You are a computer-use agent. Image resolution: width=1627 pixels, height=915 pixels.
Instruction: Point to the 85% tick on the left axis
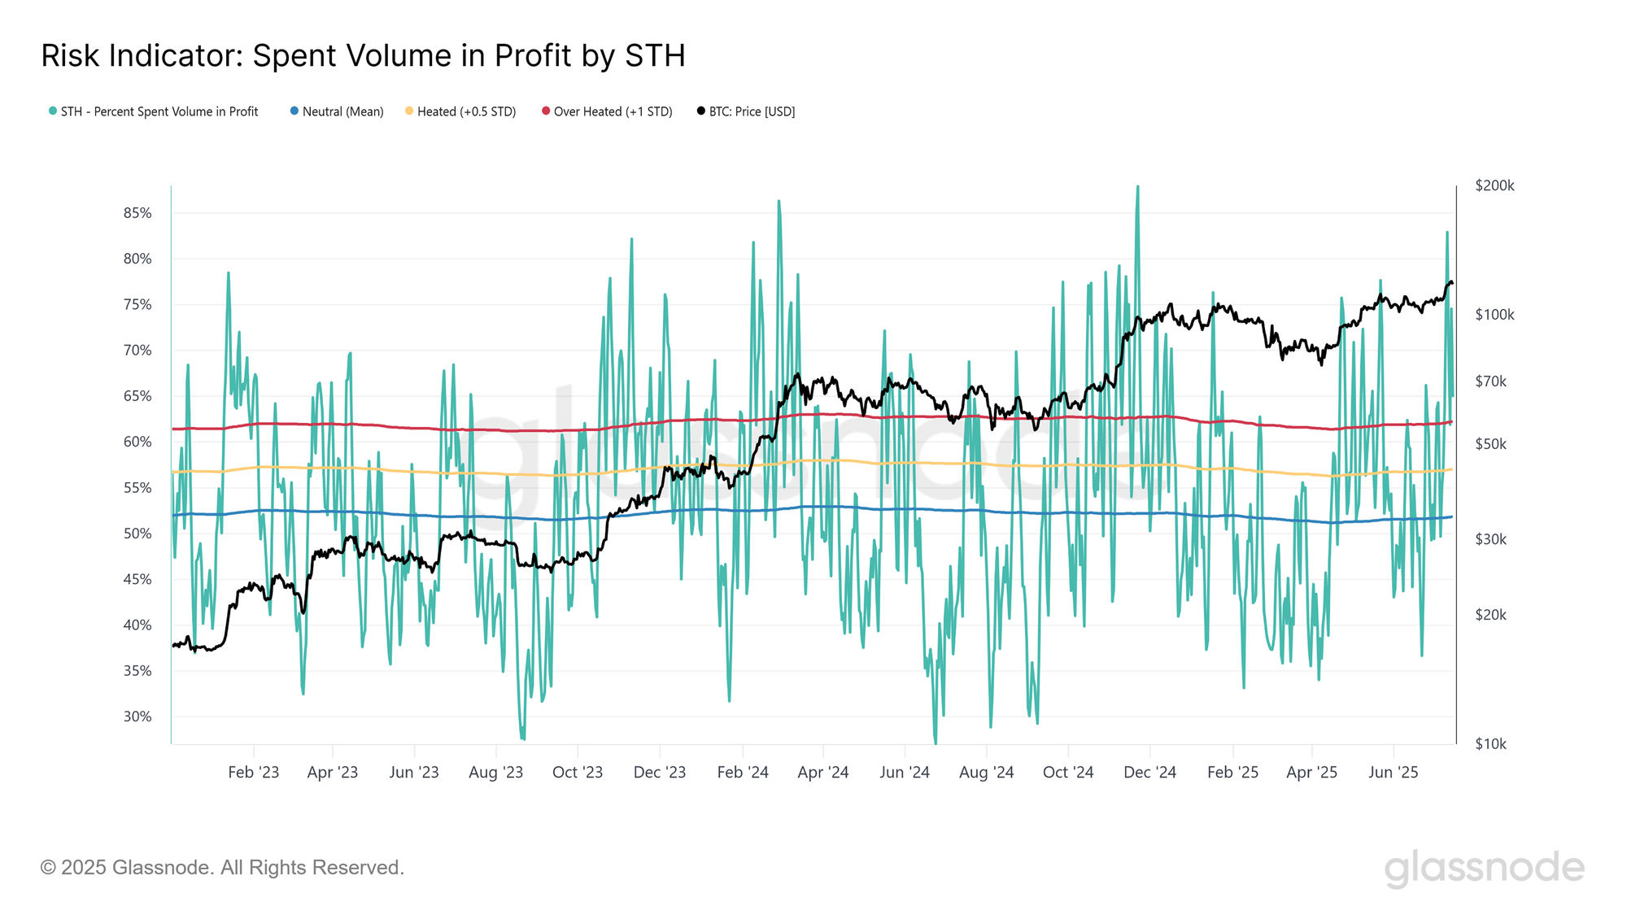(x=137, y=213)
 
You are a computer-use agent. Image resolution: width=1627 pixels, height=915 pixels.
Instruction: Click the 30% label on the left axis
(x=137, y=717)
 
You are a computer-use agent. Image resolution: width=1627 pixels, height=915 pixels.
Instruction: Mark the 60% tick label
(x=137, y=442)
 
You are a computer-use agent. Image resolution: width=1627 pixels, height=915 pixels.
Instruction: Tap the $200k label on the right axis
(x=1494, y=185)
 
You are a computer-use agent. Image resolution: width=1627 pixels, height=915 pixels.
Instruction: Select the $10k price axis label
(x=1490, y=743)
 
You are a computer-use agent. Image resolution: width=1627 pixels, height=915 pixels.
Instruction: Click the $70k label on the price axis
(x=1490, y=381)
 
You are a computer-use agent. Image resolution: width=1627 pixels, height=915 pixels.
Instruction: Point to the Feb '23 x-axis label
(x=253, y=773)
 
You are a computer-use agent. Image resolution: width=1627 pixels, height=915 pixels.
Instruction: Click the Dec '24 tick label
(x=1149, y=773)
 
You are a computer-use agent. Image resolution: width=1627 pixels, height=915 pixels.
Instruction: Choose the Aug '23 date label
(x=495, y=773)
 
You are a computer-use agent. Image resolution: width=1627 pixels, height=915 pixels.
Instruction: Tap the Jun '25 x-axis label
(x=1393, y=773)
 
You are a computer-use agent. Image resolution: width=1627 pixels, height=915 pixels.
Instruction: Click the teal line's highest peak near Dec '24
(x=1137, y=187)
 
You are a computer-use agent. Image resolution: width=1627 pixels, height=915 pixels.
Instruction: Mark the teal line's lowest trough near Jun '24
(x=936, y=742)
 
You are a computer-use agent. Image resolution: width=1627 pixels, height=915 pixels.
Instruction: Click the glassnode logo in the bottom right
(x=1484, y=868)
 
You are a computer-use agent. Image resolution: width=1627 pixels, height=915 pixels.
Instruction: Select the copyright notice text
(x=222, y=868)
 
